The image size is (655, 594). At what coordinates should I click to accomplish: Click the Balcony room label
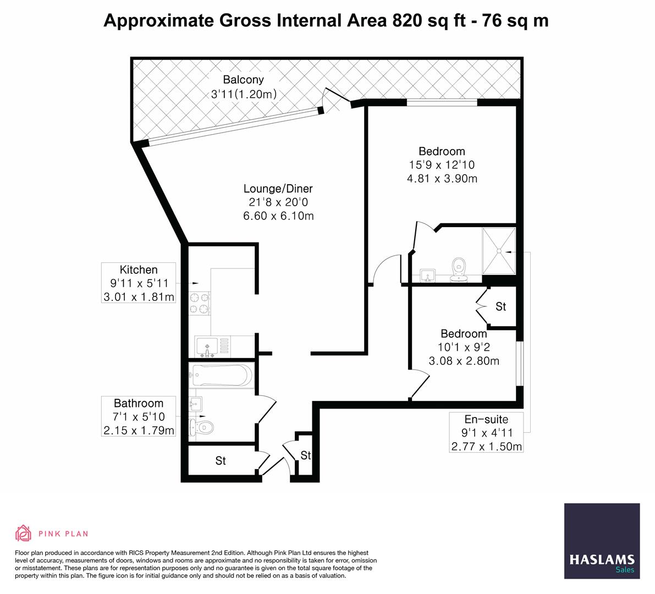point(243,79)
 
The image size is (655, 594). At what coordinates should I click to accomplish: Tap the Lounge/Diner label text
point(278,189)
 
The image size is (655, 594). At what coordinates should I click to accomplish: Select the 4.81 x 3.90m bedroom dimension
point(442,179)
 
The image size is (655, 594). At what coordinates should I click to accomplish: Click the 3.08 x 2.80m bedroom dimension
point(464,361)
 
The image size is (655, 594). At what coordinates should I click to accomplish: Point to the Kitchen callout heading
point(139,270)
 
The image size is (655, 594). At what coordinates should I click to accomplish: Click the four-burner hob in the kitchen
point(200,303)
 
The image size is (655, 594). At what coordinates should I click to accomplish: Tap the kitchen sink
point(208,346)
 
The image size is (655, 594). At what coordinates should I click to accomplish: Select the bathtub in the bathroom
point(222,375)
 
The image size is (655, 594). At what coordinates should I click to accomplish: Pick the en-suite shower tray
point(499,251)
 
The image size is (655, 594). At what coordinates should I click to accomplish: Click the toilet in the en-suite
point(459,269)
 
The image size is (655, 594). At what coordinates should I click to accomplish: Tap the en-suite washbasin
point(427,276)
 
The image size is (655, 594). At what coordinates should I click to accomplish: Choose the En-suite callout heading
point(486,420)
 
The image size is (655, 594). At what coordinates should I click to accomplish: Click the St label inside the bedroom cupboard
point(501,307)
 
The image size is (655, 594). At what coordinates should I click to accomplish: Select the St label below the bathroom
point(221,461)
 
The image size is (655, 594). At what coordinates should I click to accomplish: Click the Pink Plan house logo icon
point(24,533)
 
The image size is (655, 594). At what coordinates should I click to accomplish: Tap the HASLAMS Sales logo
point(602,541)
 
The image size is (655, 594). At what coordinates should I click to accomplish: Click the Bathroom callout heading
point(139,404)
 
